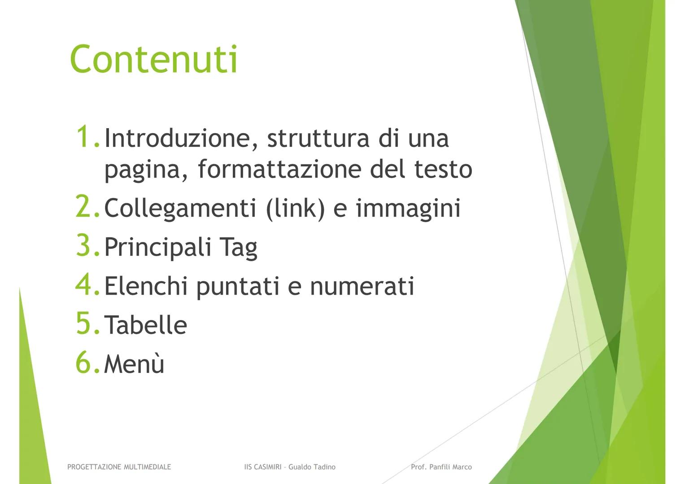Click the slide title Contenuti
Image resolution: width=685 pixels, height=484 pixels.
tap(153, 60)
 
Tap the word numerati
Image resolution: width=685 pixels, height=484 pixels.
tap(362, 287)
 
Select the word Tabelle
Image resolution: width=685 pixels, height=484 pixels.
tap(145, 325)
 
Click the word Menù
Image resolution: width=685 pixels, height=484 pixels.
tap(134, 364)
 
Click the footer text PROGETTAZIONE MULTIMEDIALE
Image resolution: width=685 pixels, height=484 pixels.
tap(119, 467)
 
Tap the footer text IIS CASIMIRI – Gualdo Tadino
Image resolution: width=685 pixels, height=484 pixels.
tap(289, 467)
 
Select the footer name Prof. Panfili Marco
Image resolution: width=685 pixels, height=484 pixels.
tap(441, 467)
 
